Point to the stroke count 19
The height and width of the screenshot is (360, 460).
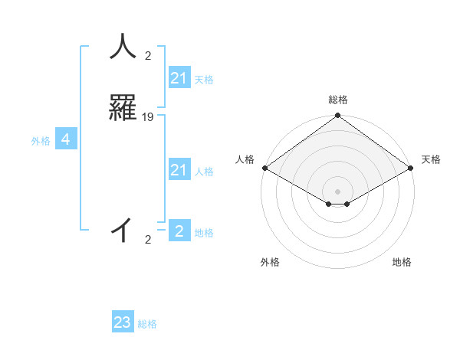[x=148, y=117]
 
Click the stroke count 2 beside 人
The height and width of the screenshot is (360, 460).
[x=148, y=55]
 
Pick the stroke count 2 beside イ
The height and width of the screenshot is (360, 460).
[x=148, y=240]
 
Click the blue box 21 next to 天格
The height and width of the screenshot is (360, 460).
[x=179, y=78]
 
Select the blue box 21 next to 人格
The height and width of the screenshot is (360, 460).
[x=179, y=170]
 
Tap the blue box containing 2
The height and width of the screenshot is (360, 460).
[x=179, y=231]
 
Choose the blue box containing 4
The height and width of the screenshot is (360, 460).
[x=66, y=139]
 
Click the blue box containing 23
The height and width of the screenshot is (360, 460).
[x=123, y=322]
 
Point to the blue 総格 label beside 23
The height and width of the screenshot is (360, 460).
[x=148, y=324]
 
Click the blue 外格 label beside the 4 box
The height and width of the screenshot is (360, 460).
[x=41, y=141]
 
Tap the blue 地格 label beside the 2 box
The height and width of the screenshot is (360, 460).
[x=204, y=233]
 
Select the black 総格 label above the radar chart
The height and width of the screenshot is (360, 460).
[x=338, y=100]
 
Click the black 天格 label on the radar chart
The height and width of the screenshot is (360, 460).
[x=431, y=159]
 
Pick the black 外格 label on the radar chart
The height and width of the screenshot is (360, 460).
[x=270, y=262]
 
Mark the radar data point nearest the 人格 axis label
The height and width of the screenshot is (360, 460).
[x=264, y=168]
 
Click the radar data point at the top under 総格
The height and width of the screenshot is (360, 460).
[x=337, y=116]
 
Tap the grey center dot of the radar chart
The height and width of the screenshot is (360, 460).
[x=337, y=191]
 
